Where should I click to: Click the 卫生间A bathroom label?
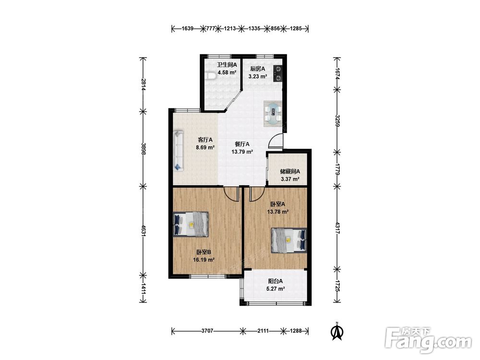tap(227, 65)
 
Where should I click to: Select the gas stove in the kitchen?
tap(277, 74)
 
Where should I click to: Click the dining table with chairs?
tap(273, 114)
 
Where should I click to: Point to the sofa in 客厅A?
tap(179, 150)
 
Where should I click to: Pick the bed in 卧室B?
tap(191, 224)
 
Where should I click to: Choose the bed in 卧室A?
tap(288, 240)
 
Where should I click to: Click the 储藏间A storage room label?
tap(290, 171)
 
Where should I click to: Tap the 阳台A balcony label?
tap(276, 281)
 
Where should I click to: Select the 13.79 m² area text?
tap(242, 152)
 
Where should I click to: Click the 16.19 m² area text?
tap(204, 260)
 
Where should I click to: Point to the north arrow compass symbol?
tap(337, 331)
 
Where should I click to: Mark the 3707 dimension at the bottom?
tap(207, 331)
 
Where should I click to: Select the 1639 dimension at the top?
tap(188, 29)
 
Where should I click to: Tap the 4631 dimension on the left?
tap(143, 231)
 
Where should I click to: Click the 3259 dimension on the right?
tap(337, 121)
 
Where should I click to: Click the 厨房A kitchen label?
tap(257, 69)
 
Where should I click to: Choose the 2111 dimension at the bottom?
tap(263, 331)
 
